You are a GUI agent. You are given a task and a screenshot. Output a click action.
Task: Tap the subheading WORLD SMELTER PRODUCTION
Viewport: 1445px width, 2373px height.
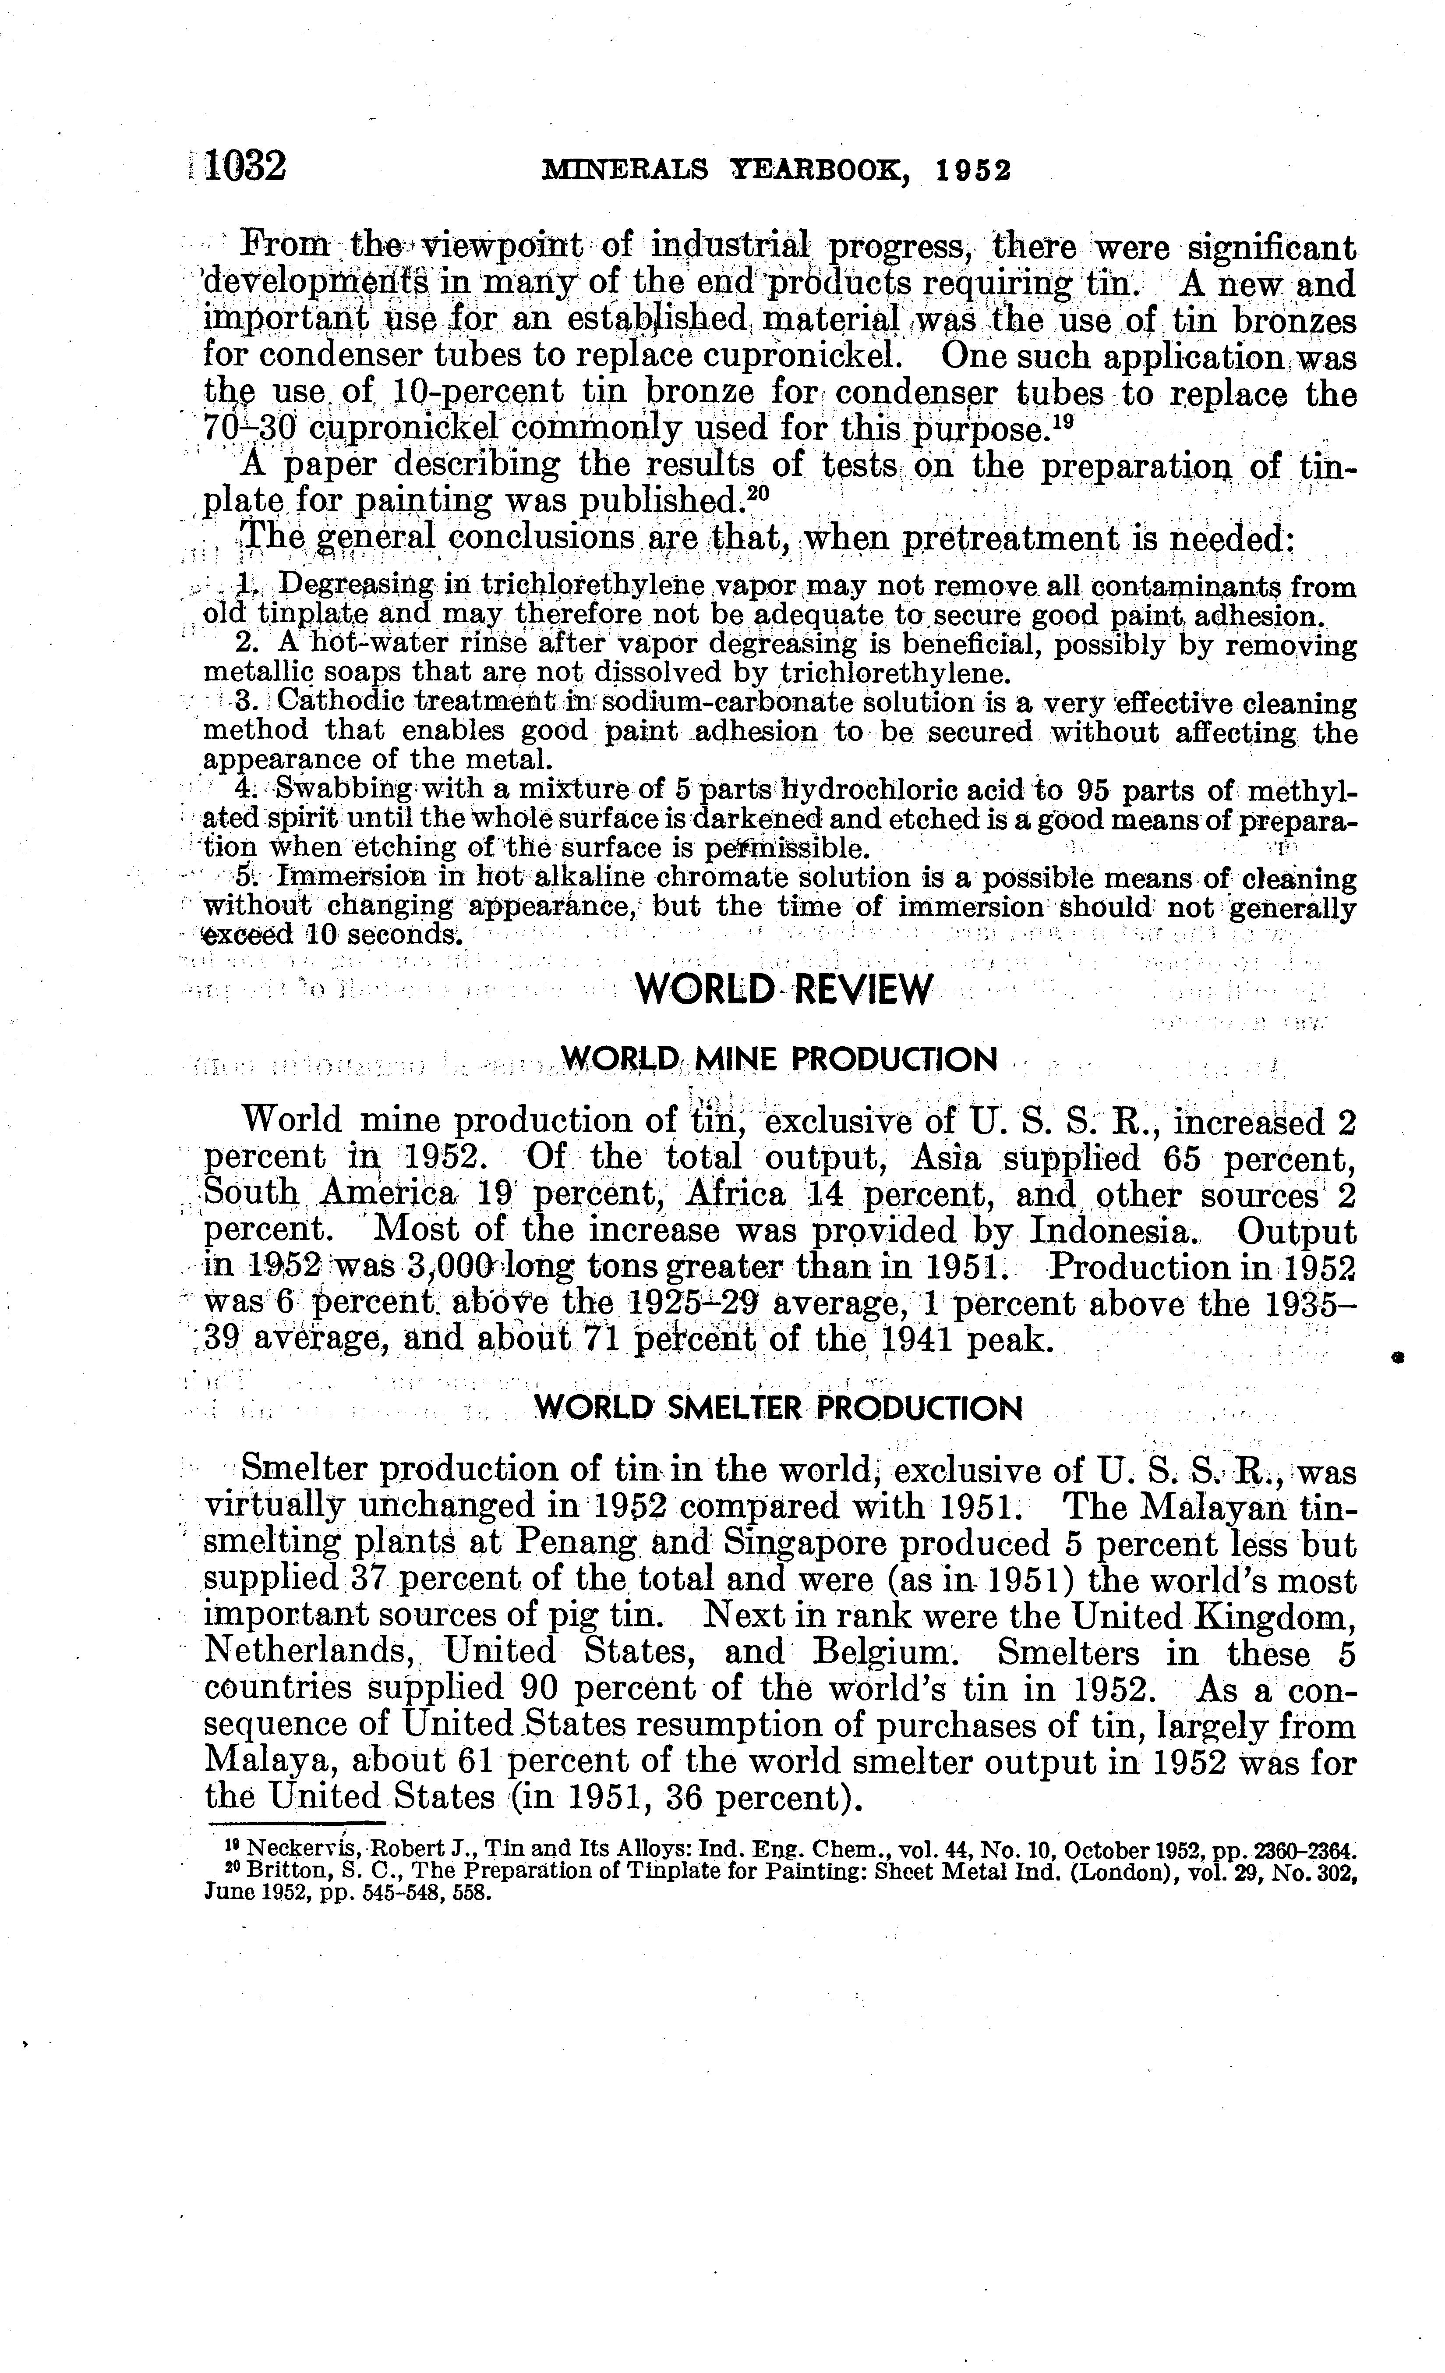[x=778, y=1409]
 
